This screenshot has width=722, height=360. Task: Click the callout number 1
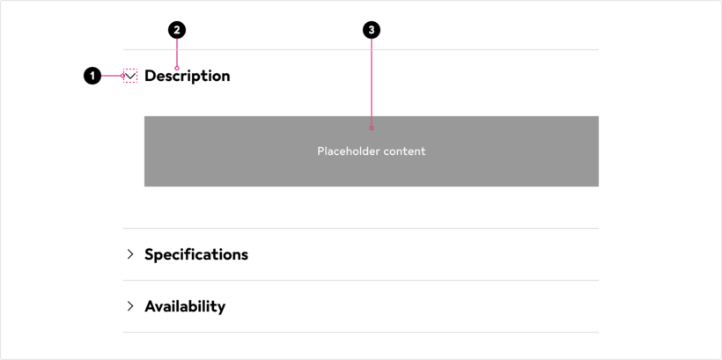pyautogui.click(x=92, y=77)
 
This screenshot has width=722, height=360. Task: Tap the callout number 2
pyautogui.click(x=177, y=30)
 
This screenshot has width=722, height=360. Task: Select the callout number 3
pyautogui.click(x=372, y=30)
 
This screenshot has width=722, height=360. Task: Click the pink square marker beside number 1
pyautogui.click(x=130, y=76)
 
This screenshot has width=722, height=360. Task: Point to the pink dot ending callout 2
pyautogui.click(x=177, y=68)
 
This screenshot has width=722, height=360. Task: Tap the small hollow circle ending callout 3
pyautogui.click(x=372, y=128)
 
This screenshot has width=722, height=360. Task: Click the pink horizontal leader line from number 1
pyautogui.click(x=111, y=76)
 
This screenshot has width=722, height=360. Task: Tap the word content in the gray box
pyautogui.click(x=405, y=151)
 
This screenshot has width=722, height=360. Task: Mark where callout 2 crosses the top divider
pyautogui.click(x=177, y=49)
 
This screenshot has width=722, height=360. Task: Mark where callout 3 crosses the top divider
pyautogui.click(x=372, y=49)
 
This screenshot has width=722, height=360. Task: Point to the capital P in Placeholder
pyautogui.click(x=320, y=151)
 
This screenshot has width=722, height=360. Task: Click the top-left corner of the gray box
pyautogui.click(x=144, y=115)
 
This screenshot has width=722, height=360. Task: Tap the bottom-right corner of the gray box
pyautogui.click(x=599, y=187)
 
